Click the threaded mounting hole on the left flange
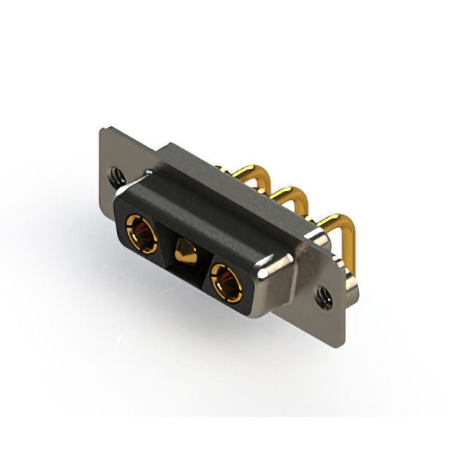coord(116,175)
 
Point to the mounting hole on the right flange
coord(322,295)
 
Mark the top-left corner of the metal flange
coord(102,129)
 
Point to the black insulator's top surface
coord(219,212)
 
